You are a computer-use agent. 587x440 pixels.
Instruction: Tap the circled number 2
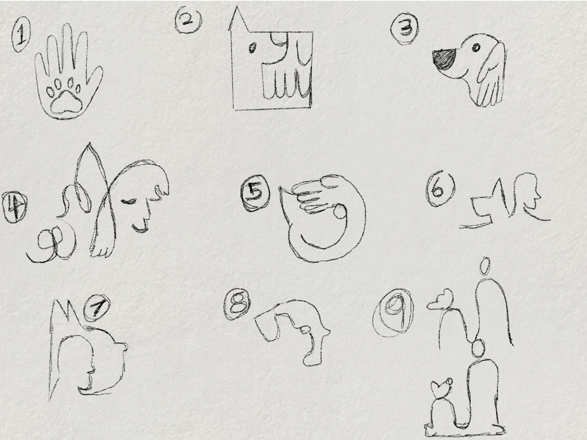(188, 21)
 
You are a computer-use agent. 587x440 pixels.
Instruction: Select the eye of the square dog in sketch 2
(252, 48)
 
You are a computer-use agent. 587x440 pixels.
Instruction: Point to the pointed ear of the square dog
(236, 20)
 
